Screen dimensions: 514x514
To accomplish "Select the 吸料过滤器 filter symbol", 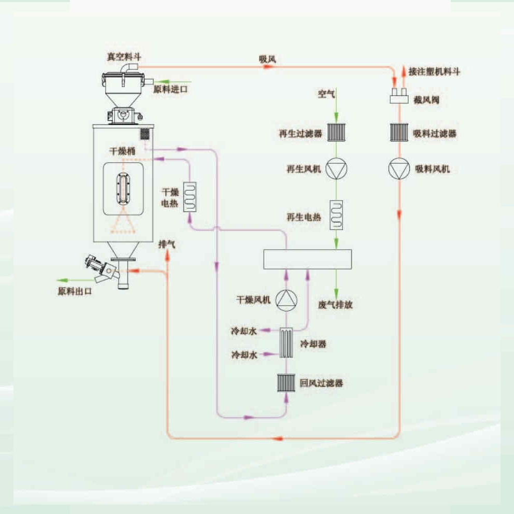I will [x=399, y=133].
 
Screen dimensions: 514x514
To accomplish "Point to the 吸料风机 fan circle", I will [x=399, y=169].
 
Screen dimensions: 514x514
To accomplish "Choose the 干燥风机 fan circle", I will [x=286, y=300].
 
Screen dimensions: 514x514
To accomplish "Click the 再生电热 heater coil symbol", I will [x=337, y=214].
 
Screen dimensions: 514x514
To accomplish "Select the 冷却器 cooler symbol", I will [x=287, y=342].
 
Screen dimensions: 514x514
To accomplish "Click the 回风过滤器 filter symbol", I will [x=287, y=383].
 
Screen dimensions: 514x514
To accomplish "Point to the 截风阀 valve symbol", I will [x=399, y=97].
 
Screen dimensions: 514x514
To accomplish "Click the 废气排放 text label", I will [x=335, y=305].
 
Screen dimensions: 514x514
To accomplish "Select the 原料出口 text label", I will [x=75, y=291].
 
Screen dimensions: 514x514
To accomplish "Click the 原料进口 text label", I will [x=171, y=89].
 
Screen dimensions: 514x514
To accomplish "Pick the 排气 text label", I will [x=167, y=244].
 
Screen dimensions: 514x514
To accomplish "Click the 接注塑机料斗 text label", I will [x=434, y=72].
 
